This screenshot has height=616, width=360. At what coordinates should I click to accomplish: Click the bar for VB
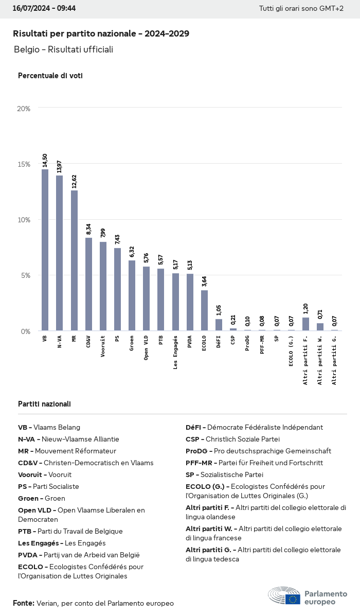point(45,250)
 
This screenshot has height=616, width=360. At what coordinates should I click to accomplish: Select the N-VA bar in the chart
point(59,253)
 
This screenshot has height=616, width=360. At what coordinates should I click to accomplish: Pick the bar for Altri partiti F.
point(305,324)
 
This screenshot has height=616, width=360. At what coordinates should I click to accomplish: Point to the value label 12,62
point(74,183)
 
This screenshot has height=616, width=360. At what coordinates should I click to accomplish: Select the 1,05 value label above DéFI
point(219,310)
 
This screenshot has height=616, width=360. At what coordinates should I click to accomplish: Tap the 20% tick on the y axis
point(24,109)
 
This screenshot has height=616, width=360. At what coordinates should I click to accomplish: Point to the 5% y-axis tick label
point(25,275)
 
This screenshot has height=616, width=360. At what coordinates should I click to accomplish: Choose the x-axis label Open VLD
point(146,348)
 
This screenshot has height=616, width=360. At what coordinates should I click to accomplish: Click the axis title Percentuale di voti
point(50,76)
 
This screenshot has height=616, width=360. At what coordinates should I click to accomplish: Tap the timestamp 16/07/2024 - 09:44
point(44,8)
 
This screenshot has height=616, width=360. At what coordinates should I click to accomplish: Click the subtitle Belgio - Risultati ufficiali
point(63,49)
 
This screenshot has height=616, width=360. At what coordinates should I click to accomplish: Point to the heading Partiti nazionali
point(44,404)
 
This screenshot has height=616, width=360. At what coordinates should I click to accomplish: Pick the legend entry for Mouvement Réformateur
point(67,451)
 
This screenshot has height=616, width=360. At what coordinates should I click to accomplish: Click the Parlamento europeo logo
point(308,596)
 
